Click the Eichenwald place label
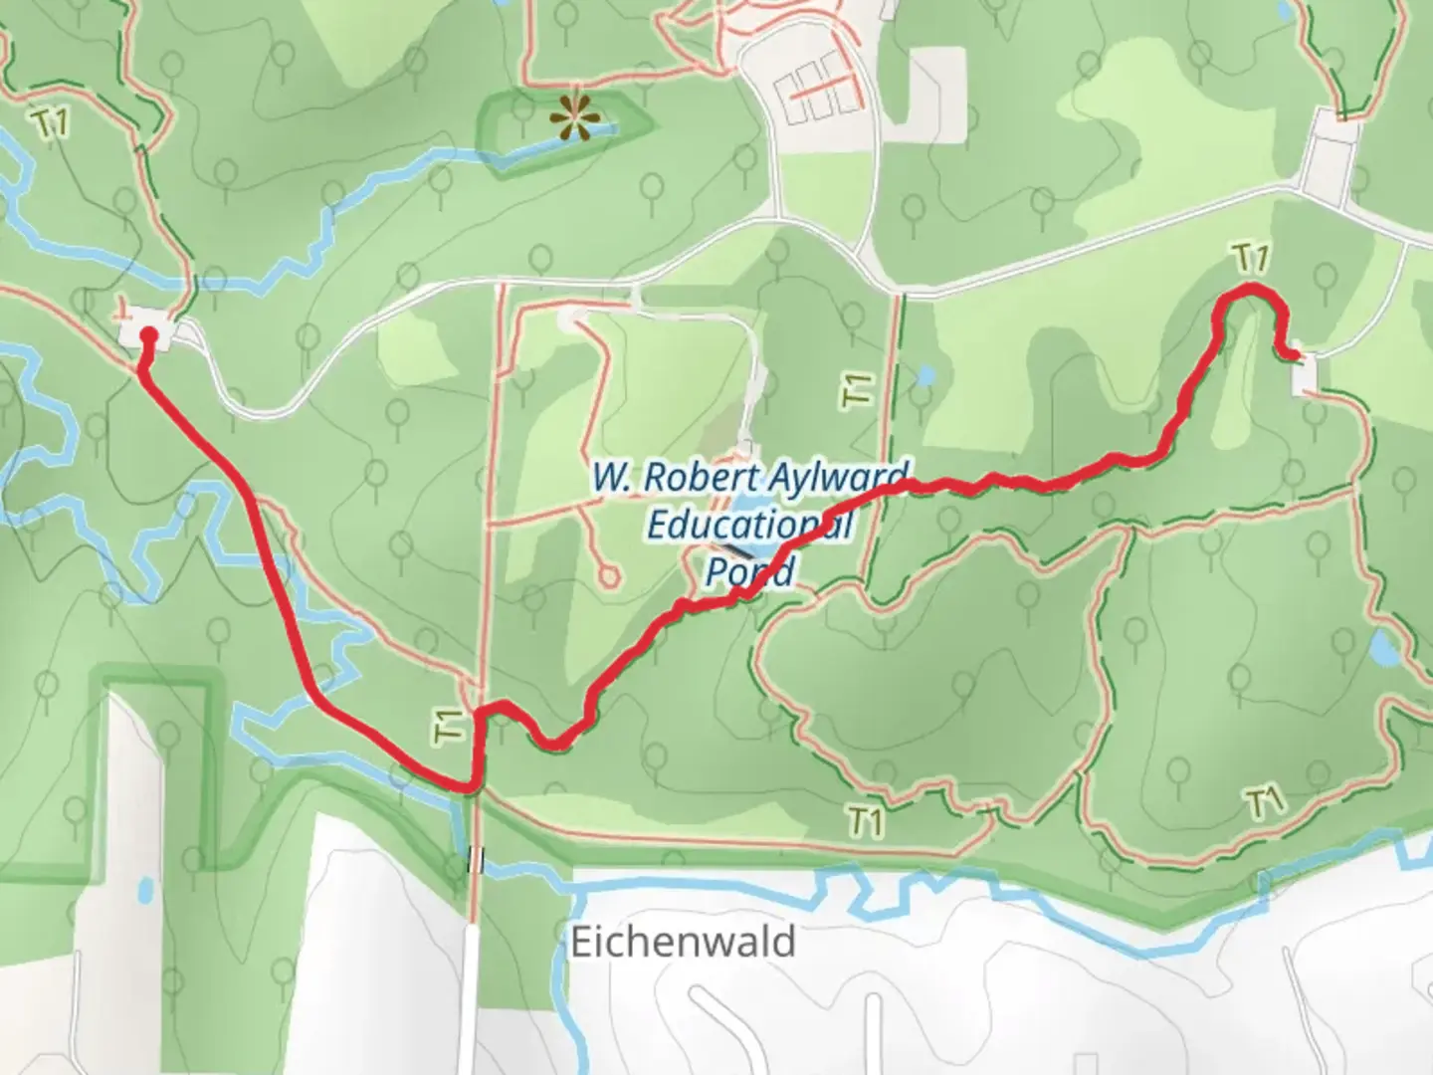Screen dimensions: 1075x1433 (x=683, y=941)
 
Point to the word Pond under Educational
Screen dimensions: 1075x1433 (x=750, y=571)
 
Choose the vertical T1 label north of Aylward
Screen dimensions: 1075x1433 (x=859, y=389)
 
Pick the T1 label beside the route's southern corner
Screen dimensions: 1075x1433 (x=451, y=725)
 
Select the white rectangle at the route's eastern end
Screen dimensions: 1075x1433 (x=1303, y=374)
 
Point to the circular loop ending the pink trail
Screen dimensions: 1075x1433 (x=608, y=575)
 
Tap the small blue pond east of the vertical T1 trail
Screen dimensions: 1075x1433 (x=925, y=376)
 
